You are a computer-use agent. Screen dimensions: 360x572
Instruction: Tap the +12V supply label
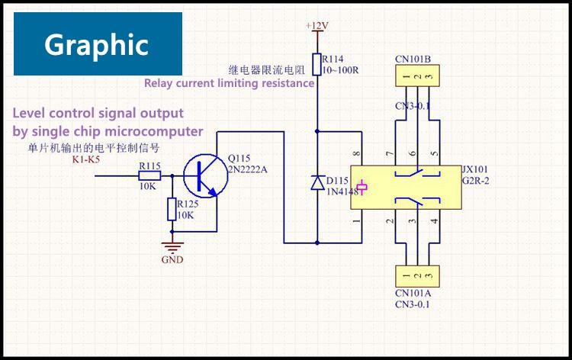(x=317, y=25)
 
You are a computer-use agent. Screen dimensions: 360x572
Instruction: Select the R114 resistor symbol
(x=317, y=64)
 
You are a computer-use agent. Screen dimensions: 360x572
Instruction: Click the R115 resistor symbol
(x=149, y=175)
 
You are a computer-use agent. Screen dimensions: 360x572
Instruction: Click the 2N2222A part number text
(x=248, y=169)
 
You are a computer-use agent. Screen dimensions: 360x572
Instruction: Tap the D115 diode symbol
(x=317, y=182)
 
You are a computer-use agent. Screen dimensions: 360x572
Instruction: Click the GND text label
(x=173, y=259)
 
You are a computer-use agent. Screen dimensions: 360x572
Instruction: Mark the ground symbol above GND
(x=173, y=246)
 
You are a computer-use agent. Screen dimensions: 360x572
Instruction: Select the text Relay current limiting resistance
(x=229, y=83)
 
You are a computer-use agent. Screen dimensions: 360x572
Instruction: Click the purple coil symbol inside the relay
(x=363, y=188)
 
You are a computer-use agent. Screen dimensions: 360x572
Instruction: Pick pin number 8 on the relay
(x=355, y=155)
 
